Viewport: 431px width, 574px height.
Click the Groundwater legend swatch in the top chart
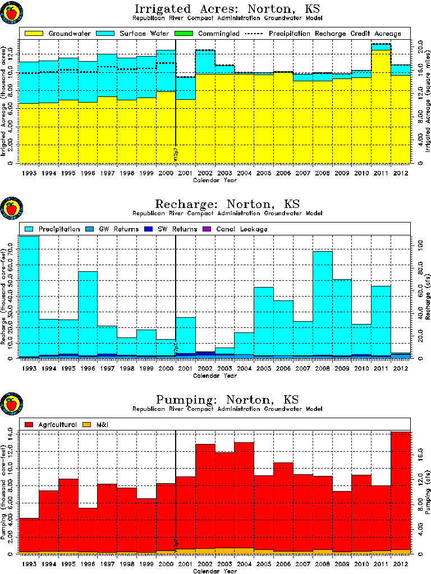click(32, 34)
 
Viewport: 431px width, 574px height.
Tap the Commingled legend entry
click(213, 34)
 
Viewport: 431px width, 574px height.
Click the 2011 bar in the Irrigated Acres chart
click(381, 107)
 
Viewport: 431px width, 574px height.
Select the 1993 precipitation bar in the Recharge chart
click(29, 297)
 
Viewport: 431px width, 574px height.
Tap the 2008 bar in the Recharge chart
click(323, 305)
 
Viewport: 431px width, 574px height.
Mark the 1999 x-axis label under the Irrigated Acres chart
click(146, 173)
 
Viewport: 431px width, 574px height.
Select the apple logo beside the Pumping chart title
click(11, 405)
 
